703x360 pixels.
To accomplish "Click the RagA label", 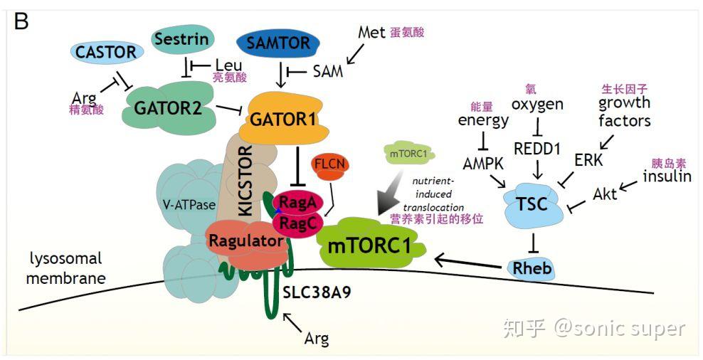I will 292,201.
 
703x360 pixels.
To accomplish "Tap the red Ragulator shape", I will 245,240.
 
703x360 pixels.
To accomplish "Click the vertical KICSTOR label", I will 244,179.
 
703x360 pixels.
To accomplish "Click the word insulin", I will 667,176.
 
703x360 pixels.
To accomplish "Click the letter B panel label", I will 21,22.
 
